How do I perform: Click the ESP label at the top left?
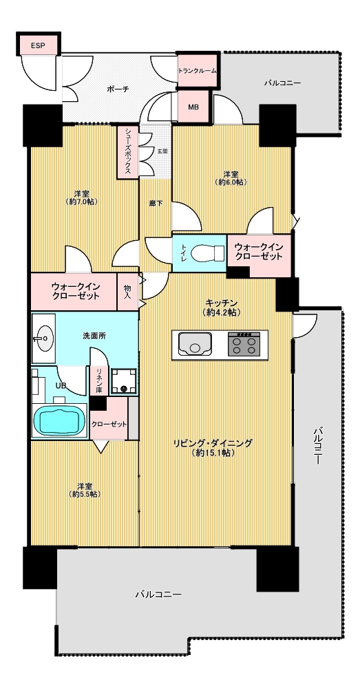(37, 45)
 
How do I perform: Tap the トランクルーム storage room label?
(197, 70)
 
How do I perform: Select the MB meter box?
(193, 107)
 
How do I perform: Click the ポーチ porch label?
(118, 89)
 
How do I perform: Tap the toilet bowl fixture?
(209, 252)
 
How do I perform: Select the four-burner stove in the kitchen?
(244, 343)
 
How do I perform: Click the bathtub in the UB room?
(60, 420)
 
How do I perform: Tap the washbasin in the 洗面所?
(43, 338)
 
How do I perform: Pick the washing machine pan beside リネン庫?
(123, 381)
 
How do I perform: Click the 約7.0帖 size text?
(83, 202)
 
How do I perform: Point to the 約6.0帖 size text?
(231, 182)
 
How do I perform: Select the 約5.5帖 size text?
(85, 494)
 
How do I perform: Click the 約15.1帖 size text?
(213, 453)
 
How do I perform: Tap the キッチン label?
(221, 303)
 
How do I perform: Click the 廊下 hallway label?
(154, 203)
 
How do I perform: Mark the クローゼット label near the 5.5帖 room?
(109, 424)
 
